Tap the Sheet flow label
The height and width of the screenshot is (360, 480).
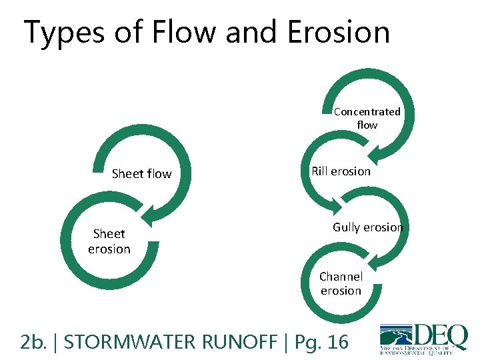click(141, 174)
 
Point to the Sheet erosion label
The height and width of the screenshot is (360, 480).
click(109, 241)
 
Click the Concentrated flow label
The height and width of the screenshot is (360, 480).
click(367, 118)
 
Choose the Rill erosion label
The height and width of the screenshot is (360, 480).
click(341, 171)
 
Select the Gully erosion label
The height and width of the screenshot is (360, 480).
click(368, 227)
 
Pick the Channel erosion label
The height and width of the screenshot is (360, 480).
click(341, 283)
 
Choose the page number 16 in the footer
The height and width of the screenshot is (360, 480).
click(337, 342)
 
